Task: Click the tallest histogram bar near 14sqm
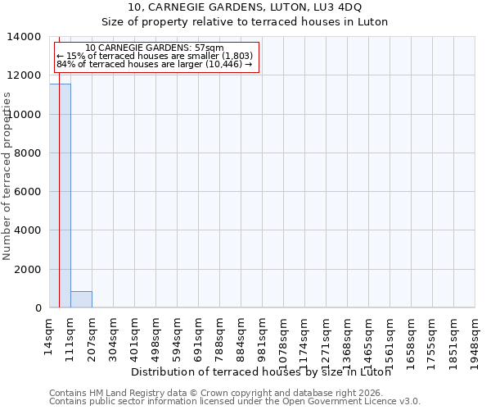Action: pyautogui.click(x=60, y=197)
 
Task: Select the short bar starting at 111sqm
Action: pyautogui.click(x=81, y=299)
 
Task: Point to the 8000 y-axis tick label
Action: pyautogui.click(x=28, y=153)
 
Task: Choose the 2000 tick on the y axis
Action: pyautogui.click(x=28, y=270)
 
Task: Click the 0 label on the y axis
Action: pyautogui.click(x=37, y=308)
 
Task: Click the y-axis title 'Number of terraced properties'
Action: pyautogui.click(x=7, y=176)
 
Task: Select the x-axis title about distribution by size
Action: pyautogui.click(x=261, y=371)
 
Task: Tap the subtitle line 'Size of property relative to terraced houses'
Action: pyautogui.click(x=245, y=21)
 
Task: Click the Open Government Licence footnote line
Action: pyautogui.click(x=235, y=402)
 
